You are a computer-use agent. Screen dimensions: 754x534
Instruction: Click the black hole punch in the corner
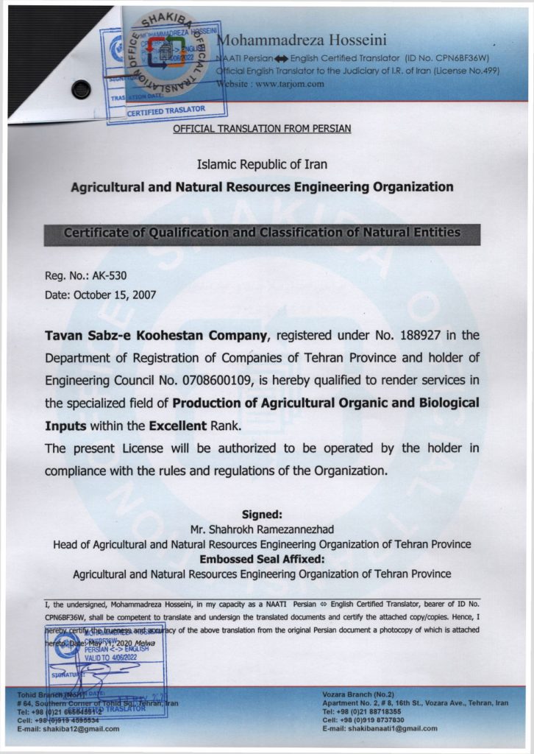point(81,90)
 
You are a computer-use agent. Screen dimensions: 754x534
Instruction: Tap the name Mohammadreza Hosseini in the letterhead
point(302,40)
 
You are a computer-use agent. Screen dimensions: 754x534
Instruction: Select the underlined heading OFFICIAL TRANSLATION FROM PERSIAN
point(262,129)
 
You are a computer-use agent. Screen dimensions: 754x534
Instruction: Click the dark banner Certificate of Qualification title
point(262,233)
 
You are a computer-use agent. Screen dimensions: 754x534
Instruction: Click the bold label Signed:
point(262,515)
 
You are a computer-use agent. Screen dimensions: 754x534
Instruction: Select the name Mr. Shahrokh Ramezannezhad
point(262,529)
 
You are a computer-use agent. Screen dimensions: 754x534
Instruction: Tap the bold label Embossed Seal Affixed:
point(262,559)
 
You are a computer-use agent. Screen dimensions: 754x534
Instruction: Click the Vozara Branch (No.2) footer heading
point(358,694)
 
